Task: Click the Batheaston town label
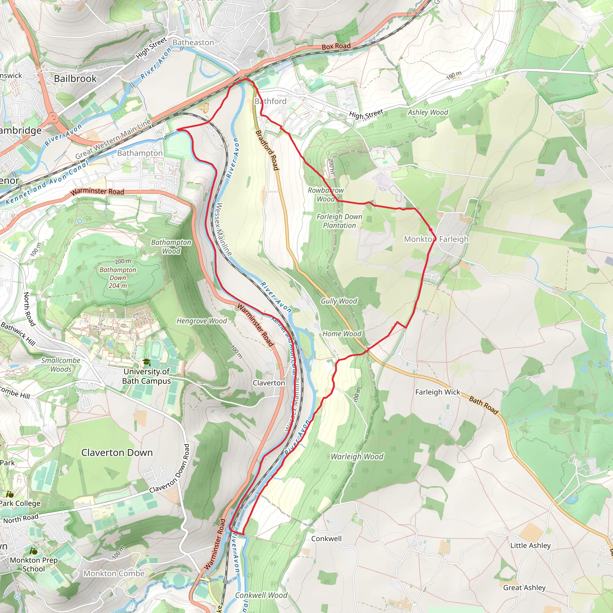[x=193, y=43]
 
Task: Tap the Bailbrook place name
[x=75, y=79]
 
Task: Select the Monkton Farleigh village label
[x=436, y=239]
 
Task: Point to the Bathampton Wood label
[x=171, y=247]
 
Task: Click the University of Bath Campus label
[x=147, y=376]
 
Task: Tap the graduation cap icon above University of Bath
[x=146, y=362]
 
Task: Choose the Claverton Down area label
[x=117, y=453]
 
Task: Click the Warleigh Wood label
[x=357, y=456]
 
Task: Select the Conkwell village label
[x=326, y=539]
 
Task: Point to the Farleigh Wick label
[x=437, y=392]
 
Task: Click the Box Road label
[x=336, y=46]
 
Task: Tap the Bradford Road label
[x=267, y=150]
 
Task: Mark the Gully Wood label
[x=339, y=301]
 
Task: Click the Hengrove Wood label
[x=201, y=321]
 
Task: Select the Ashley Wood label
[x=428, y=112]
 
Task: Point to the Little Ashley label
[x=530, y=546]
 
